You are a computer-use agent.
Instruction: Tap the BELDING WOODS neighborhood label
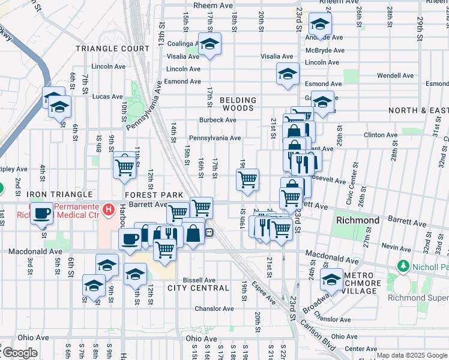(238, 104)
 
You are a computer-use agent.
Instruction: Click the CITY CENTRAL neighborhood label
(198, 288)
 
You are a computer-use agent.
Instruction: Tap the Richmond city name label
(358, 220)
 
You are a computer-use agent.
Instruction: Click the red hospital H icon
(108, 210)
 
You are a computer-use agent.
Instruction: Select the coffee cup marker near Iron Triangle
(41, 213)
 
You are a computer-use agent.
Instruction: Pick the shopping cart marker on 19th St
(247, 179)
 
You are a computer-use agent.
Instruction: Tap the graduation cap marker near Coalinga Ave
(209, 44)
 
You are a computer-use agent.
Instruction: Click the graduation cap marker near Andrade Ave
(320, 25)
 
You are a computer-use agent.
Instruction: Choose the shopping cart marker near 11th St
(124, 165)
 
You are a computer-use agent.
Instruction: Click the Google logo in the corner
(19, 353)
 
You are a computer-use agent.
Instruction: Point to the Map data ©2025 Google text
(412, 355)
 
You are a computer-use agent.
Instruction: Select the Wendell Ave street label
(395, 76)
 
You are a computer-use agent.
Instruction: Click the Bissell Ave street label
(199, 280)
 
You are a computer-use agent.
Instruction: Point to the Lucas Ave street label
(107, 96)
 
